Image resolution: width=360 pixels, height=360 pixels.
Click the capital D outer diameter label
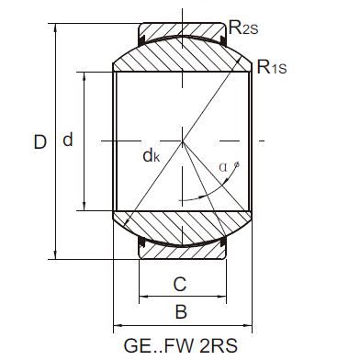39,142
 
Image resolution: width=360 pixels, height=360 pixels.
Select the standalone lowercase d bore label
67,141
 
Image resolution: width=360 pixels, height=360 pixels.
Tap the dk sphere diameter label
152,156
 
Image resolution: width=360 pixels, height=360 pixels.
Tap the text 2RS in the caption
219,348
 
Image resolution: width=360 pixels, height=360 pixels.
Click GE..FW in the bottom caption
154,348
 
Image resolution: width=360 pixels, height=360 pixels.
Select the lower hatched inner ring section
182,226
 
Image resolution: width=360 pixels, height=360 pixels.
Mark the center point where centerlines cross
182,141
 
